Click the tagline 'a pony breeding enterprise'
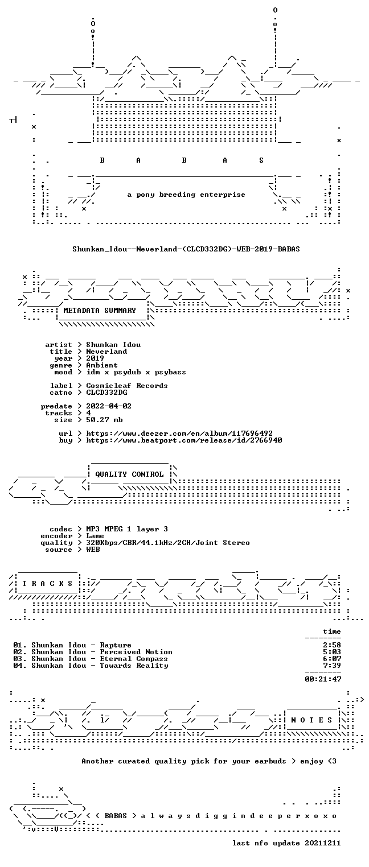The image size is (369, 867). pos(186,195)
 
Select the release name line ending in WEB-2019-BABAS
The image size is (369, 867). pos(186,249)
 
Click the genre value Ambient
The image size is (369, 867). pos(102,365)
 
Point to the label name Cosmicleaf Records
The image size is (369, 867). pos(127,386)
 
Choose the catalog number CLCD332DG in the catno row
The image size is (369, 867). pos(106,393)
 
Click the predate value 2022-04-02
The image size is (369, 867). pos(109,406)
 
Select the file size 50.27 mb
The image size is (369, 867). pos(104,420)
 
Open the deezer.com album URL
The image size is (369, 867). pos(179,433)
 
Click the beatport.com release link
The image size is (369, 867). pos(184,440)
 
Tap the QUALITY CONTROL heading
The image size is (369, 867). pos(129,474)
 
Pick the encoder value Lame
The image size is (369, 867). pos(95,536)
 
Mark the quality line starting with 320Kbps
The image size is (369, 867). pos(168,543)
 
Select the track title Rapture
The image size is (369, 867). pos(116,645)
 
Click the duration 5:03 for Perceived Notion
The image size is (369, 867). pos(332,652)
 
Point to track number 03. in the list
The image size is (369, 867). pos(20,659)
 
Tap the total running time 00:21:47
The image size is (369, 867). pos(323,679)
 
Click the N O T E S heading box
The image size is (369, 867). pos(311,720)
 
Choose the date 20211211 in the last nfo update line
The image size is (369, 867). pos(323,843)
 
